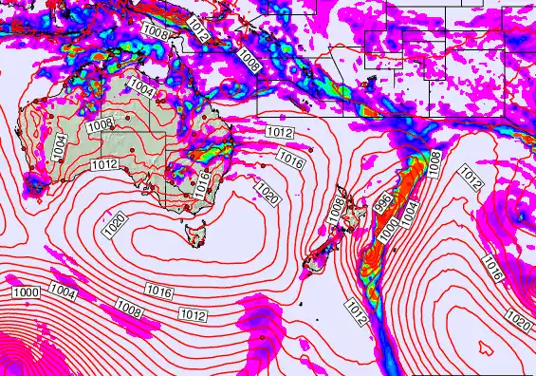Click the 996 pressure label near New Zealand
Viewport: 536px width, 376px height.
pos(381,203)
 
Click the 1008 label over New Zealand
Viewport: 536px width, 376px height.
pos(335,212)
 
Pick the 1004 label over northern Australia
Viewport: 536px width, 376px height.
pos(140,86)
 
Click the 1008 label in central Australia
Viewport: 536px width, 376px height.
pos(101,125)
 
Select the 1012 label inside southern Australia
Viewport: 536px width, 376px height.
pos(104,164)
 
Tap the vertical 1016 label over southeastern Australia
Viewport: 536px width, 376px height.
pos(201,183)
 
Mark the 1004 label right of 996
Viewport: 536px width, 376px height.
pos(409,214)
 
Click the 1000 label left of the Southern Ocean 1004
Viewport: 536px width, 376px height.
pos(27,292)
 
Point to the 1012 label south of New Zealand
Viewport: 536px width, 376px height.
pos(355,312)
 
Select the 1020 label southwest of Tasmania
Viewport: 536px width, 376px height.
pos(114,225)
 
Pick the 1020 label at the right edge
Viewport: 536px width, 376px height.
pos(520,323)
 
